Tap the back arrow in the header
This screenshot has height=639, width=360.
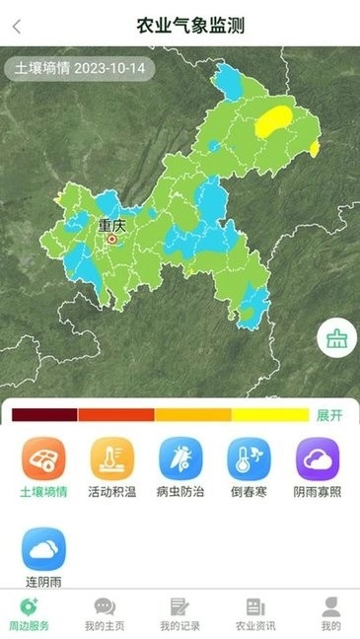(x=16, y=26)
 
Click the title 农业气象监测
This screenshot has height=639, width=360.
(x=190, y=26)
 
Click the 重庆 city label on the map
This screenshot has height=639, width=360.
(x=111, y=225)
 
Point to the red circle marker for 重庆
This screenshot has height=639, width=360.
(x=111, y=239)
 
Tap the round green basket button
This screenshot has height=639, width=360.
(x=336, y=340)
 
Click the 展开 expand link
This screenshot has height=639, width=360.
(x=329, y=415)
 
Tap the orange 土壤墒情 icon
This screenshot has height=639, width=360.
(x=44, y=460)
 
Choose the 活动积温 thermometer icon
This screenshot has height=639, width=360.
(x=112, y=460)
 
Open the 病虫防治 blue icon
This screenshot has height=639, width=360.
(x=180, y=460)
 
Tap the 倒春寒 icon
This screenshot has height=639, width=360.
(x=249, y=460)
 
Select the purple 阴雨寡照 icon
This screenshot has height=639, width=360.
(x=318, y=460)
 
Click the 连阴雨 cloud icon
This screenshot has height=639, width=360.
(x=44, y=549)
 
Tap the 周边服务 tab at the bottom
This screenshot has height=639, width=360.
(x=29, y=613)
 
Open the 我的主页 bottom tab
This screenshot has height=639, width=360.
(x=104, y=613)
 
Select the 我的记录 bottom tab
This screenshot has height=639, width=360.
(x=179, y=613)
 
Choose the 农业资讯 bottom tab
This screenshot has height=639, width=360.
(x=255, y=613)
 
